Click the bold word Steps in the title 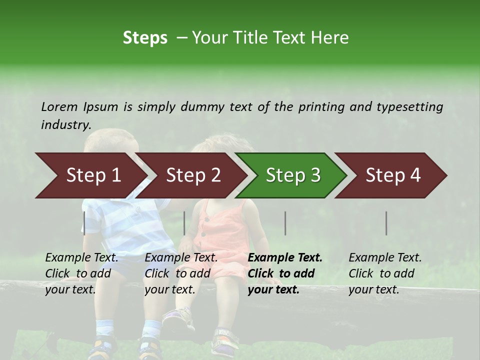(145, 38)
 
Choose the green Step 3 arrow (293, 175)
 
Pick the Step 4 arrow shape (393, 175)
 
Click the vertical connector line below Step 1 (84, 223)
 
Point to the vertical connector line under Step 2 (184, 223)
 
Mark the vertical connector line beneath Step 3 (285, 223)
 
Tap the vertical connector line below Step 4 (386, 223)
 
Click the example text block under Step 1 (81, 273)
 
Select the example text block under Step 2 (181, 273)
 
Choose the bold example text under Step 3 (285, 273)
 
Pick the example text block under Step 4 (385, 273)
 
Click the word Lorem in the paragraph (59, 106)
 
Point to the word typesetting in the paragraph (409, 106)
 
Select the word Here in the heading (330, 38)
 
